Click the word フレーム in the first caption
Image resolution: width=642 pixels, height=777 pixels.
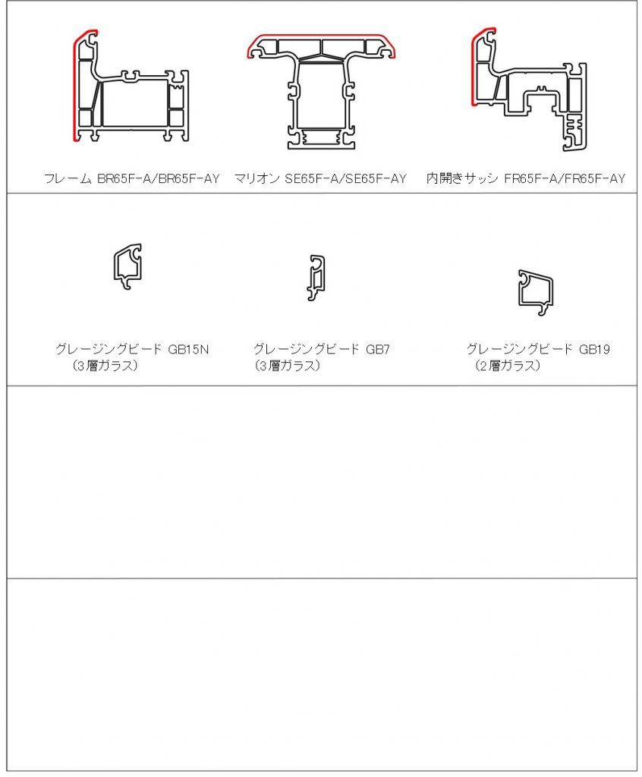(x=68, y=178)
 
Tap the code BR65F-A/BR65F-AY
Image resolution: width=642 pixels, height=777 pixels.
(x=158, y=178)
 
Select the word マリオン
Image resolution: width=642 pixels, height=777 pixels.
(x=256, y=178)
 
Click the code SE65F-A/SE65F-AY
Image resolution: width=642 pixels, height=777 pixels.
(x=345, y=178)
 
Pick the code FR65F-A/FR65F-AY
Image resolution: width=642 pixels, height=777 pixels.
(x=565, y=178)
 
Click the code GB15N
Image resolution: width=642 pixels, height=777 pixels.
(x=188, y=349)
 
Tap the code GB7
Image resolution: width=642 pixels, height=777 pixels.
(x=378, y=349)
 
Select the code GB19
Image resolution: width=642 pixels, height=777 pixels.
(x=594, y=349)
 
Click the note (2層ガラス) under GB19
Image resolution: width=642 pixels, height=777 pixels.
(x=507, y=366)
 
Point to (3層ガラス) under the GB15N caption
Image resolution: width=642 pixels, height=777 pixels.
(x=105, y=366)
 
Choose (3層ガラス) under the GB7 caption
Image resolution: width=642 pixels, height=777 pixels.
(x=288, y=366)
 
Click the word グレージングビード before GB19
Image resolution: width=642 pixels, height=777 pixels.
(x=519, y=349)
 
